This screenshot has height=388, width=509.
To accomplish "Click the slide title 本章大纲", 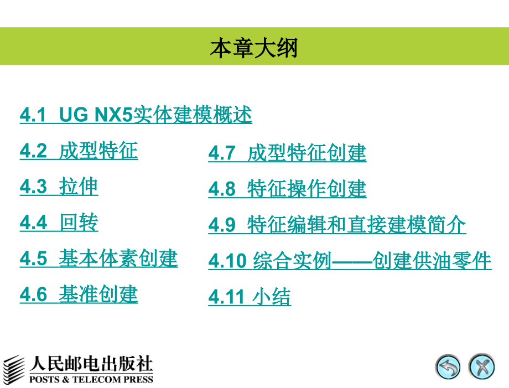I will tap(254, 48).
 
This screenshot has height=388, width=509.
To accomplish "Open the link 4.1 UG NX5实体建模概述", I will tap(136, 115).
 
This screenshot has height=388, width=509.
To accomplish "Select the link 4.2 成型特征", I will tap(79, 151).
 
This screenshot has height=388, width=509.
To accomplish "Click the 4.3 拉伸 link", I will tap(59, 187).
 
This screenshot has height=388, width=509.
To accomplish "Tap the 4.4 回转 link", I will tap(59, 223).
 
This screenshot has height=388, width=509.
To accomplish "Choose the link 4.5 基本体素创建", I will tap(98, 258).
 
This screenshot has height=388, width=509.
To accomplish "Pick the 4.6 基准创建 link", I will tap(79, 294).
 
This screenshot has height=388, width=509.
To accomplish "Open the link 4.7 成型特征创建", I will tap(287, 153).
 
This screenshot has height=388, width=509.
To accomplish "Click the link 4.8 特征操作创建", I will tap(287, 189).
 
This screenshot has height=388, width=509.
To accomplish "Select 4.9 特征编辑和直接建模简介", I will tap(337, 225).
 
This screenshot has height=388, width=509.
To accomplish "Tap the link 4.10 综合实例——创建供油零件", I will tap(350, 261).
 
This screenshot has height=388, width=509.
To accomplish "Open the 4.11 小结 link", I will tap(249, 297).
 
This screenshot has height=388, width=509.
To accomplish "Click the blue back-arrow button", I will tap(448, 367).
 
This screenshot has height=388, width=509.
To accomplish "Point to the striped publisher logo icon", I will tap(14, 368).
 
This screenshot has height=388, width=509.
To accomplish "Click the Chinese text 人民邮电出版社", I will tap(91, 364).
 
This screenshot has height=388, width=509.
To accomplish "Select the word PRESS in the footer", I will tap(138, 380).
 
